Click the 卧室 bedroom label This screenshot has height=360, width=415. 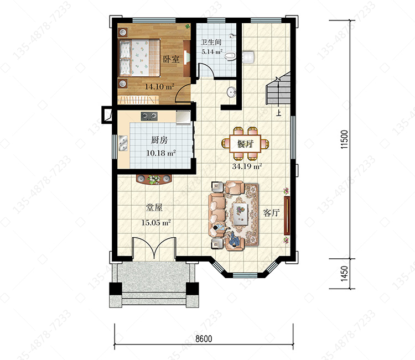pos(171,59)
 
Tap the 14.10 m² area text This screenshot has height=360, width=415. pos(159,86)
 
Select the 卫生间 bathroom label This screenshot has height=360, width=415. pos(211,42)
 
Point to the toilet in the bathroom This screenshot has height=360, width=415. pos(230,56)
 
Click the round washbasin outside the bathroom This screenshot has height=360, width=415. pos(231,92)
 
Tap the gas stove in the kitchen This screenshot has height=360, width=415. pos(149,116)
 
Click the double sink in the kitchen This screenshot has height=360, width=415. pos(123,143)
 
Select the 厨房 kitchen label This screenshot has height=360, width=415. pos(159,140)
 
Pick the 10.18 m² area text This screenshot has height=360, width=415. pos(161,153)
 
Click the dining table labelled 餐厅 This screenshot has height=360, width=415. pos(245,144)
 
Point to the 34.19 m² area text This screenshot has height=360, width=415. pos(247,166)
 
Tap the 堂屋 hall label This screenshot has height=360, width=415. pos(154,207)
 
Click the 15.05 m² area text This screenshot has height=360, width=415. pos(156,222)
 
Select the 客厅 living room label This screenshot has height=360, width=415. pos(271,213)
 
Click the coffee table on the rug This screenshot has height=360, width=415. pos(240,214)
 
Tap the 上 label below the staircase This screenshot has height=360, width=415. pos(278,113)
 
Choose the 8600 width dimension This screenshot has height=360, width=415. pos(204,338)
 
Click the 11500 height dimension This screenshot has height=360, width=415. pos(344,139)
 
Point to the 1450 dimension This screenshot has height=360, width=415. pos(344,274)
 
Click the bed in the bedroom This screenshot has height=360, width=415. pos(139,58)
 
